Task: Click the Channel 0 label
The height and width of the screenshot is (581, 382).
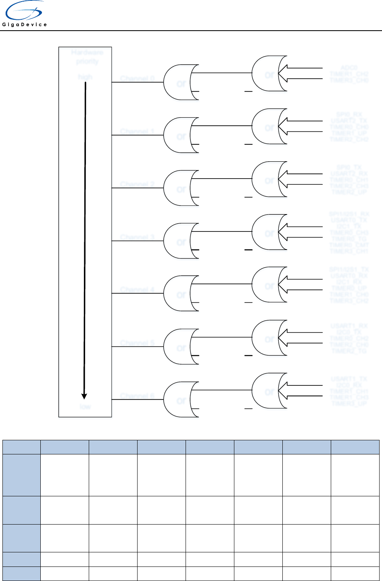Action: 137,78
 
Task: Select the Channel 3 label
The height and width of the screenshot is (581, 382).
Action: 137,237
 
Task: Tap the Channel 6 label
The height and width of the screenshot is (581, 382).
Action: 137,396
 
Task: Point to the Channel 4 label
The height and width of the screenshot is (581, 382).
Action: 137,290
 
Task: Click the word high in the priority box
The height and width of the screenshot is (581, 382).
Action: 85,77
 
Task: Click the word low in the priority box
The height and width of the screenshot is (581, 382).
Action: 85,406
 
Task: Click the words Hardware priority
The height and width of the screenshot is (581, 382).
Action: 87,57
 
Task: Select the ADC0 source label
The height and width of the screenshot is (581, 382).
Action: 349,68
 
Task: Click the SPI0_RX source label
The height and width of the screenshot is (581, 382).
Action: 349,115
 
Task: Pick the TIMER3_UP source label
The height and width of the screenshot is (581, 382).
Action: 349,403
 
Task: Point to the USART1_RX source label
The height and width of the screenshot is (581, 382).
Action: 349,326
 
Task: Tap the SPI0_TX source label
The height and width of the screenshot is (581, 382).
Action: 349,167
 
